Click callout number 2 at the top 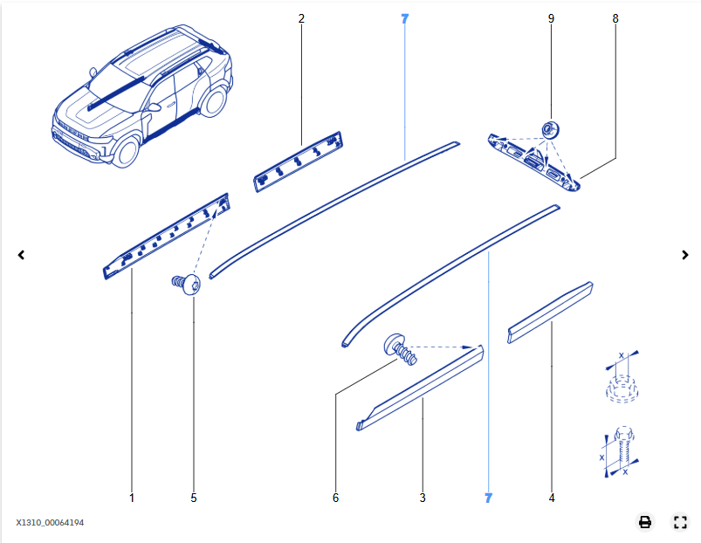(301, 18)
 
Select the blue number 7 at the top (404, 19)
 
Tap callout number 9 (551, 18)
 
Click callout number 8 (615, 18)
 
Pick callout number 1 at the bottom (132, 498)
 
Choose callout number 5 (194, 498)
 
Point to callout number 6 (336, 498)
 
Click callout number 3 (423, 498)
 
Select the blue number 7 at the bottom (488, 498)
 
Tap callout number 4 (552, 498)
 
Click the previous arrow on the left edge (21, 255)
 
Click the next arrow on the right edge (685, 255)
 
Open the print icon (644, 521)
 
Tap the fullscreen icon (680, 521)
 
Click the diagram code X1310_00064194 (50, 522)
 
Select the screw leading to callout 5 (187, 284)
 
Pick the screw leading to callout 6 (400, 349)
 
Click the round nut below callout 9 (550, 129)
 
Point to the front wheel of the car (127, 152)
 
